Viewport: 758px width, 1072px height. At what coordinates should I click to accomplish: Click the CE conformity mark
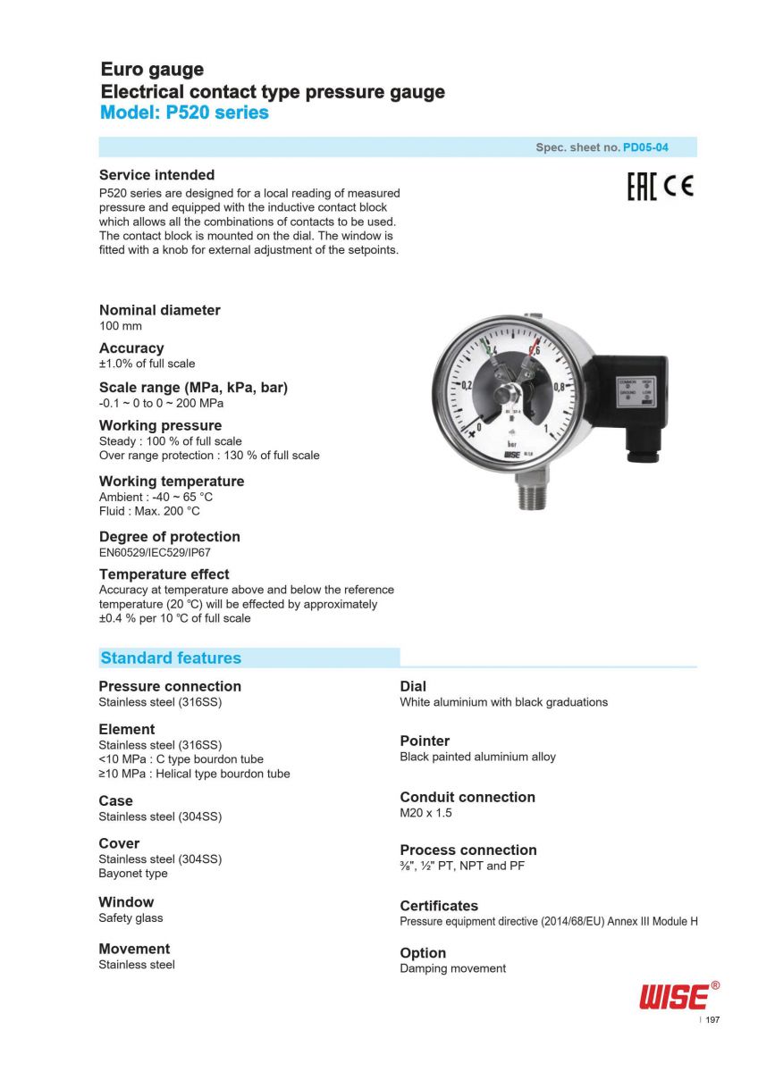(x=678, y=188)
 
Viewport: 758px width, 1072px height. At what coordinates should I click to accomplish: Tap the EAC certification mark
(x=641, y=188)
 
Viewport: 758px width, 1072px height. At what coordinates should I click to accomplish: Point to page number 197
(x=712, y=1020)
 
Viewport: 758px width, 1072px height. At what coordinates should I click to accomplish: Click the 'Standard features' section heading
(x=171, y=658)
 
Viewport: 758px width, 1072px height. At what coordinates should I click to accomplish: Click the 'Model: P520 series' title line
(x=184, y=113)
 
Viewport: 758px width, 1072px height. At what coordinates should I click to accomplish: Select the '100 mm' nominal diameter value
(x=121, y=326)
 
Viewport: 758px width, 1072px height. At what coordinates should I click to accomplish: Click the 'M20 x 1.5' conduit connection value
(x=425, y=813)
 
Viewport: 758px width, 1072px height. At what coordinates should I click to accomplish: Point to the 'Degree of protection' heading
(x=169, y=537)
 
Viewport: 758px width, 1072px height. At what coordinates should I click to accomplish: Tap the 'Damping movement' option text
(x=452, y=968)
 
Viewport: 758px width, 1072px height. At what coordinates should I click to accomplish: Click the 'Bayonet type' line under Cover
(x=133, y=873)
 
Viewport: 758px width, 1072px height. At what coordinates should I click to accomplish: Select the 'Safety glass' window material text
(x=131, y=917)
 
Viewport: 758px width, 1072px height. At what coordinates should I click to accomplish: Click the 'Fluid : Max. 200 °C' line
(x=149, y=511)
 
